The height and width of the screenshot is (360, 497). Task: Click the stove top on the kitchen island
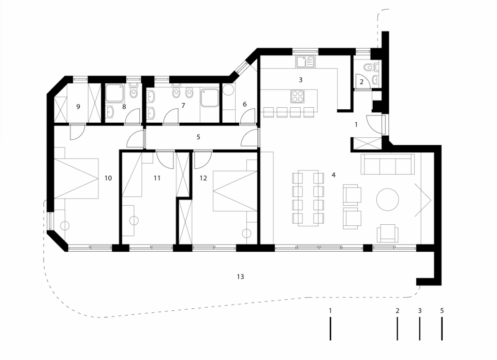[x=298, y=96]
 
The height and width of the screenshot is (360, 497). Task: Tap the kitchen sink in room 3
[x=305, y=62]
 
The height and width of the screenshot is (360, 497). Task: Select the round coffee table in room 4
[x=387, y=199]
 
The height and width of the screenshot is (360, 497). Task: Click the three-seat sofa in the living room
[x=387, y=164]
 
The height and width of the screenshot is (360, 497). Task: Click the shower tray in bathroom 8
[x=115, y=93]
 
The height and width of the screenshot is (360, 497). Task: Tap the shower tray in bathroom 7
[x=209, y=98]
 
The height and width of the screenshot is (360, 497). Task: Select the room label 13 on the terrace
[x=240, y=277]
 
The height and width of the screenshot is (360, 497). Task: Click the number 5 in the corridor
[x=198, y=137]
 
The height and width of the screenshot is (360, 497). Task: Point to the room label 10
[x=108, y=178]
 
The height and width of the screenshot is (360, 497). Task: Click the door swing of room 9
[x=77, y=132]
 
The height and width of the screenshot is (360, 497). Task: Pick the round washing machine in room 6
[x=228, y=90]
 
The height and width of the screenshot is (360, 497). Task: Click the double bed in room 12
[x=235, y=191]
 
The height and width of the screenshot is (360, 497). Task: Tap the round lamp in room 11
[x=134, y=221]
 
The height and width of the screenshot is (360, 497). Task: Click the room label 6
[x=244, y=104]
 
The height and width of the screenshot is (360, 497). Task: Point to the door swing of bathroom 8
[x=133, y=117]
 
